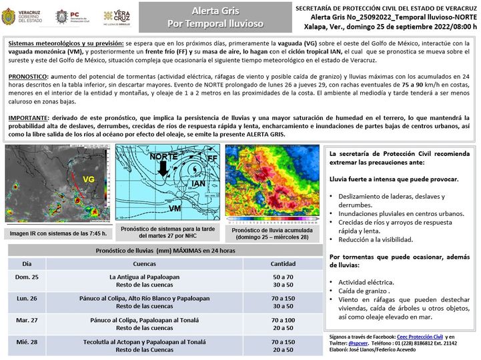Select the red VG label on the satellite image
click(88, 179)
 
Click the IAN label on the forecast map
click(198, 183)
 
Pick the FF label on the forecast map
click(212, 159)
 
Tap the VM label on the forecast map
click(175, 209)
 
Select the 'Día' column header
click(27, 263)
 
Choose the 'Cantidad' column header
click(284, 263)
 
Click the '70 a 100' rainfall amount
click(284, 320)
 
